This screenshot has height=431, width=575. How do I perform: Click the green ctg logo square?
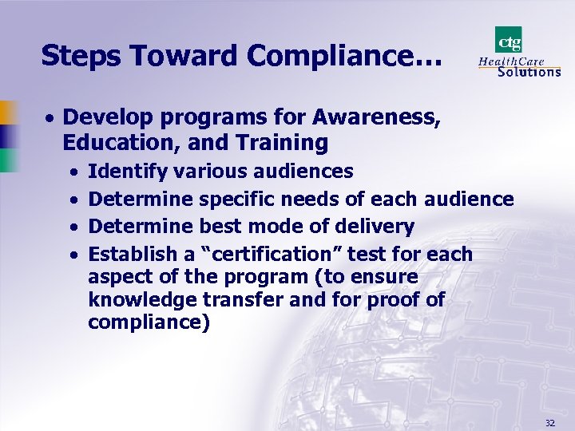coord(509,39)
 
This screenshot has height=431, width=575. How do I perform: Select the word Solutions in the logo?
coord(529,72)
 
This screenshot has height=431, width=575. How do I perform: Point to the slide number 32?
coord(549,422)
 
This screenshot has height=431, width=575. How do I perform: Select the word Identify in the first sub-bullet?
coord(126,171)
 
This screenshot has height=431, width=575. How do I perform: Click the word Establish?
coord(132,255)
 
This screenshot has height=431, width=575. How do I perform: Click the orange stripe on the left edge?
coord(6,112)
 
